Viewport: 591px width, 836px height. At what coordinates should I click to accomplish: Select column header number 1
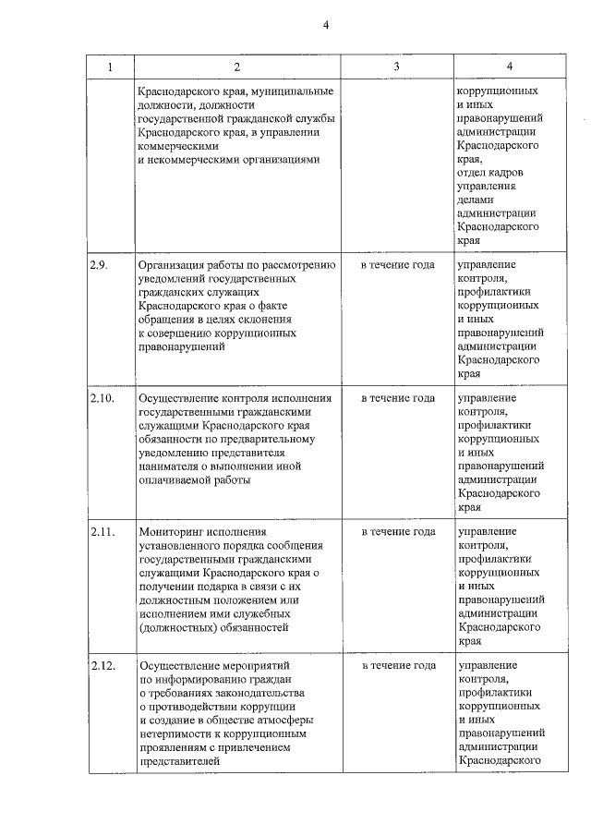coord(110,67)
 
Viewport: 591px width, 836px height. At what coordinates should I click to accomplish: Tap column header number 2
coord(236,67)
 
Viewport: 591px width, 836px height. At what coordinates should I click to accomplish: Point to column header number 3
coord(397,67)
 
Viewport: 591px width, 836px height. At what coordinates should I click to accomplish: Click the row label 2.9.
coord(100,265)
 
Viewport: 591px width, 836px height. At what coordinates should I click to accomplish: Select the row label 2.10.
coord(103,398)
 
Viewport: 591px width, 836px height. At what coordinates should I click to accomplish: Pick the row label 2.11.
coord(103,532)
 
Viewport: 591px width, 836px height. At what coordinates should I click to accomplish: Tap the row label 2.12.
coord(103,665)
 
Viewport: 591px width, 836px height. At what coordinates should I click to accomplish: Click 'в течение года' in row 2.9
coord(398,265)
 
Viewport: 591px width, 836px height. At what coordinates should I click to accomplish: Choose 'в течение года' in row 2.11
coord(398,532)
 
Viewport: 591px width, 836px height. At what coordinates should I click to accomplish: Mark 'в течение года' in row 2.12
coord(398,665)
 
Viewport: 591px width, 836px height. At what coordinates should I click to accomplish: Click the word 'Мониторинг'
coord(171,532)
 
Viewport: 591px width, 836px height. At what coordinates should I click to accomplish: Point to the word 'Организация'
coord(173,265)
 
